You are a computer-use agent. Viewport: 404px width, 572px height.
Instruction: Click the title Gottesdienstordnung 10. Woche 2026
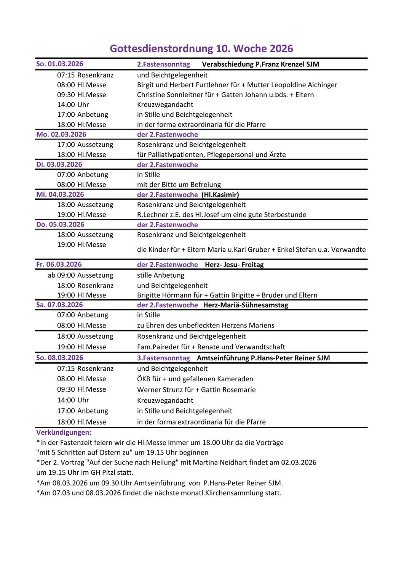pos(201,49)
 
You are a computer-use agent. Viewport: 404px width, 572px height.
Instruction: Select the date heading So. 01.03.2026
pos(59,64)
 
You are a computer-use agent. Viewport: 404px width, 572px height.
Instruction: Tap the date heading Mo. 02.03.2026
pos(61,135)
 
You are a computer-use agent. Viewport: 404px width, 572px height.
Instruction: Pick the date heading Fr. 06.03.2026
pos(59,265)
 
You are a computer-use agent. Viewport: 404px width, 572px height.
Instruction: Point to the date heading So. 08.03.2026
pos(59,358)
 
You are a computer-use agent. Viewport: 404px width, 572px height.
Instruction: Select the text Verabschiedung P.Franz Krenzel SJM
pos(260,64)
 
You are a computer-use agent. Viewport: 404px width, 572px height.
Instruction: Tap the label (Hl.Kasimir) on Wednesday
pos(220,195)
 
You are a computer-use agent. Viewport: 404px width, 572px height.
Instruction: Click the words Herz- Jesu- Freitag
pos(234,265)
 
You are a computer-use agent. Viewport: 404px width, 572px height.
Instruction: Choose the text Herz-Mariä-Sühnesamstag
pos(246,305)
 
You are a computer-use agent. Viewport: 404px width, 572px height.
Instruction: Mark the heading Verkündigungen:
pos(64,432)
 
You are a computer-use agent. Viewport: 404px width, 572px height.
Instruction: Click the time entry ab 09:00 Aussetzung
pos(80,275)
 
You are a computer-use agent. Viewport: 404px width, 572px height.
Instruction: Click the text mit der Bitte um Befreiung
pos(179,185)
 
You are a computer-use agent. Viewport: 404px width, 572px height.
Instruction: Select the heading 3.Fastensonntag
pos(163,358)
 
